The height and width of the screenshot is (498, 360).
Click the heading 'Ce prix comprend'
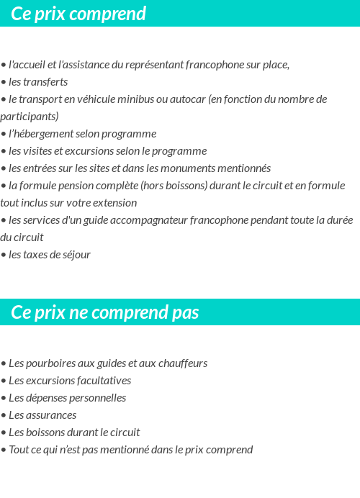[78, 14]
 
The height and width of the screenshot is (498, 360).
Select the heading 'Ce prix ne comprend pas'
[105, 312]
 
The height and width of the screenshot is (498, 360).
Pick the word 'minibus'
[144, 99]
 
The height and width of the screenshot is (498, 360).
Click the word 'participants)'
[30, 117]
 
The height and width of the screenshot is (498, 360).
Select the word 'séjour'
[75, 255]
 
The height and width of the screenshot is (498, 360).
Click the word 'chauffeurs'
[182, 363]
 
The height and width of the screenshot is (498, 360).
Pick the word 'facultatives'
[102, 381]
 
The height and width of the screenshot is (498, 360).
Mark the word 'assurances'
[52, 415]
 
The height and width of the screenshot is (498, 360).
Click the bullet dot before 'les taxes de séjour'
[4, 255]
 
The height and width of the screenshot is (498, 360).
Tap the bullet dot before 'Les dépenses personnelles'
[4, 399]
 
